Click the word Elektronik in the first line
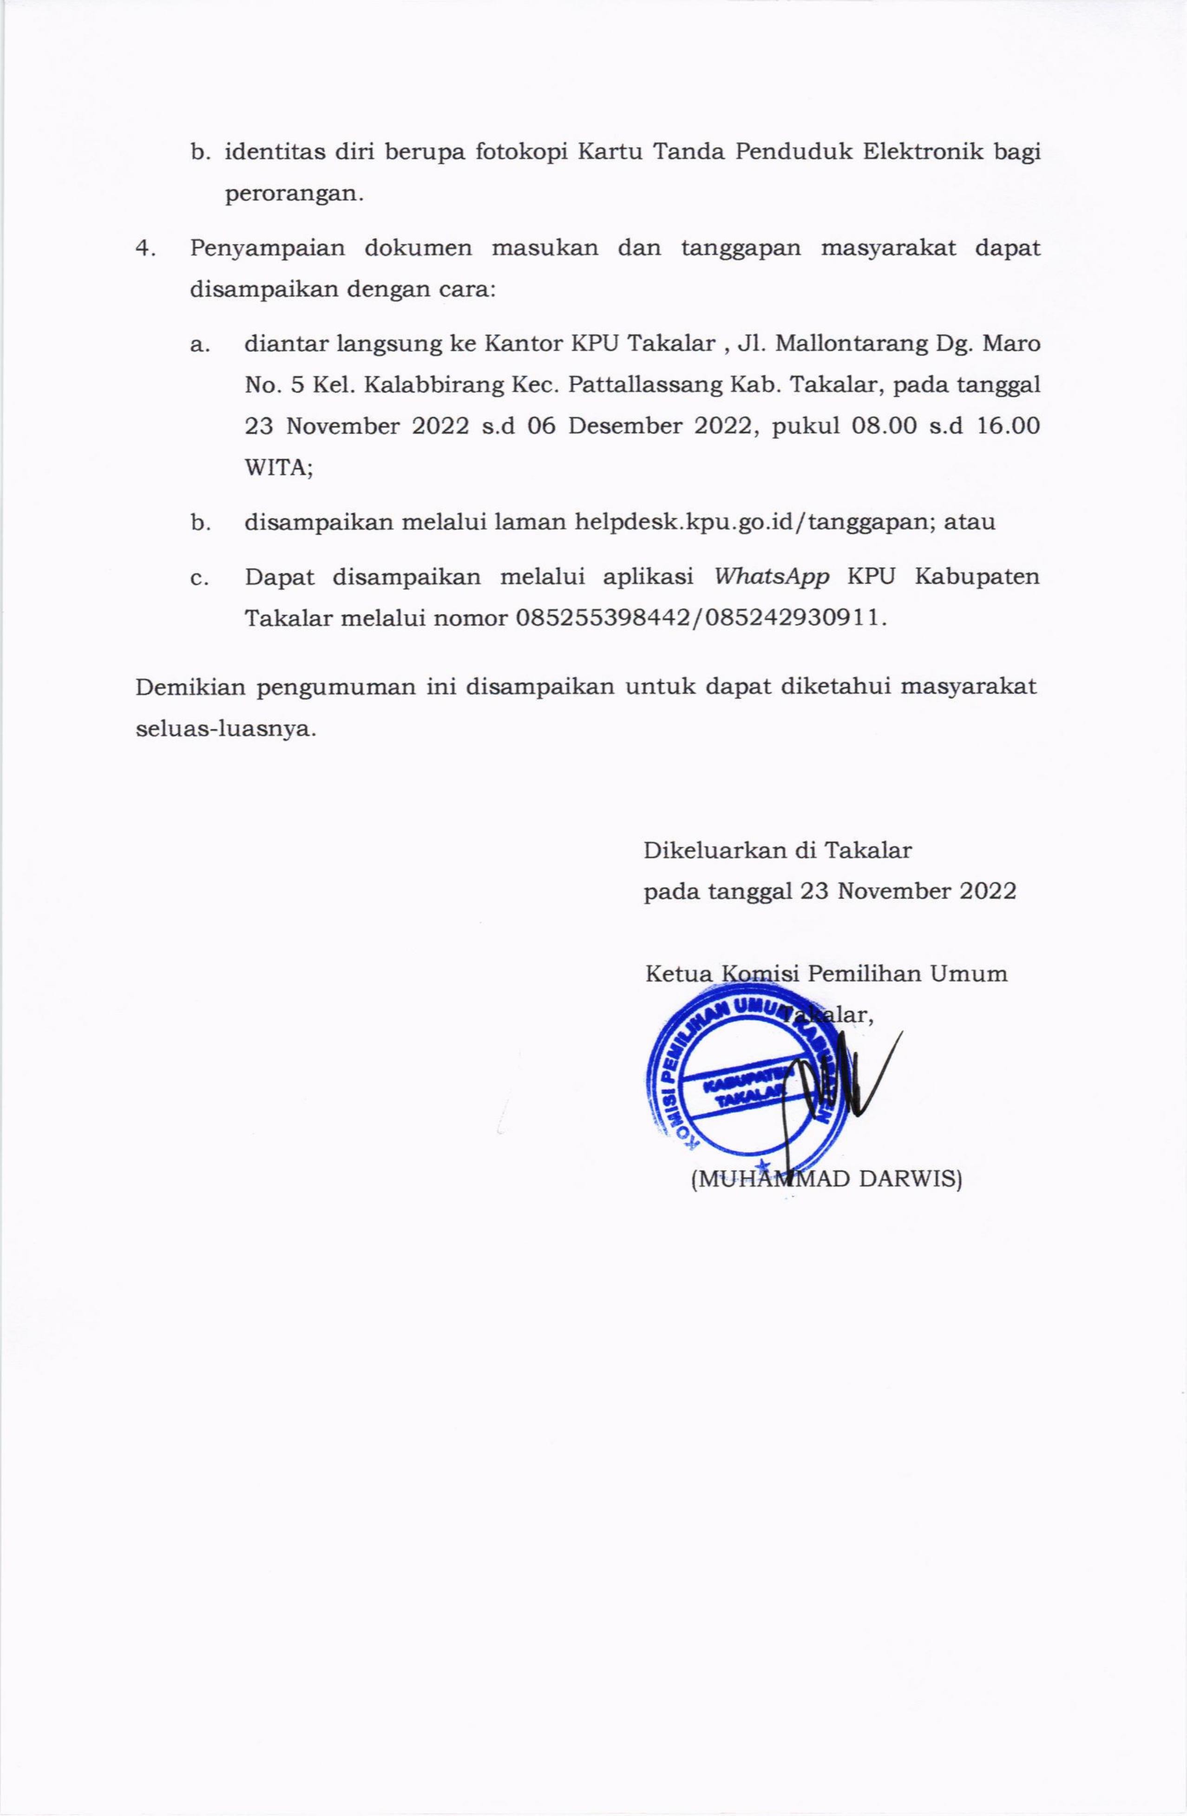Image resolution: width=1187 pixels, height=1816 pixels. pos(924,152)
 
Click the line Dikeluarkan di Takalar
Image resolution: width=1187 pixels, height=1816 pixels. pos(777,850)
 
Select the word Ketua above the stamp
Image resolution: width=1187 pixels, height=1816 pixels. pos(678,974)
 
